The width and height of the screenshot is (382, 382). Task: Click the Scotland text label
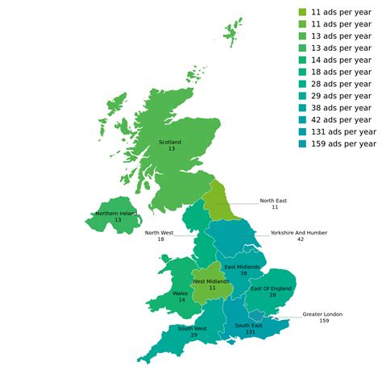[x=171, y=142]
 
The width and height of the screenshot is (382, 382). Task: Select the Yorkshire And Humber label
[x=298, y=232]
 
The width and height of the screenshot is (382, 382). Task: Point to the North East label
[x=274, y=201]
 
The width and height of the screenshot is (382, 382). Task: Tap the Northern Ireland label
[x=115, y=213]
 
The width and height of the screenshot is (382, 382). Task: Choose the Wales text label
[x=181, y=293]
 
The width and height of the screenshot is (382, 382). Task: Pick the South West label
[x=193, y=328]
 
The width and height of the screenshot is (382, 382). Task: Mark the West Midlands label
[x=212, y=281]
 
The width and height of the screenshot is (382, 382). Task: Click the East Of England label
[x=271, y=289]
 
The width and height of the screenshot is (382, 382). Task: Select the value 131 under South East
[x=251, y=332]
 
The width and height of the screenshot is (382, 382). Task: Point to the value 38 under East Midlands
[x=243, y=274]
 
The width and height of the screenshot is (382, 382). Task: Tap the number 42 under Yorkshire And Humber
[x=299, y=239]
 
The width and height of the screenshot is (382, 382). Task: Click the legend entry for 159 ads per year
[x=343, y=143]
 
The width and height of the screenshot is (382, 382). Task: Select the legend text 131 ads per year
[x=343, y=131]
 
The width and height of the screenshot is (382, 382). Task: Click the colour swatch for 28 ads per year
[x=302, y=84]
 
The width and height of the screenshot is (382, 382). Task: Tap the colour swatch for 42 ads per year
[x=302, y=120]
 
